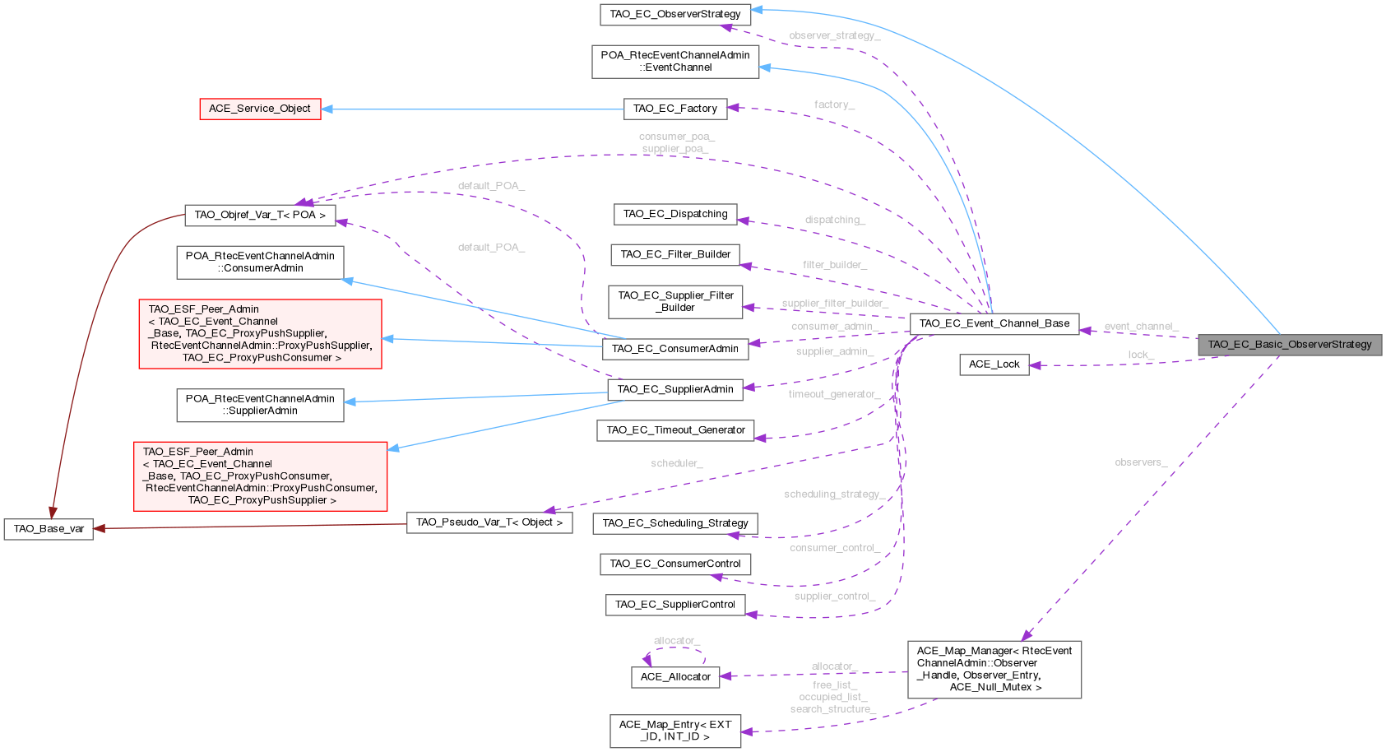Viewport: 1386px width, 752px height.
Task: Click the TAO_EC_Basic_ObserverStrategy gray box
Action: (1289, 345)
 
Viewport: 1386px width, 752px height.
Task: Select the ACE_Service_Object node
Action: (259, 109)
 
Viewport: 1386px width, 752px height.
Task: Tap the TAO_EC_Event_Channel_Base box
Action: (994, 323)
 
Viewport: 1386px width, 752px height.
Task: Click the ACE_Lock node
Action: (994, 364)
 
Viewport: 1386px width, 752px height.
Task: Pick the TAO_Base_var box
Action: (49, 529)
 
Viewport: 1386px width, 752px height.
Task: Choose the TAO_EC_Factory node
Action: (674, 109)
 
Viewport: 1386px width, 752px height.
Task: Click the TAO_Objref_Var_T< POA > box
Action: (260, 215)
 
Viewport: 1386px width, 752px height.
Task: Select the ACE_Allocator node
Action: (674, 677)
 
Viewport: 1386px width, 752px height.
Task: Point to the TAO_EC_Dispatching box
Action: (674, 214)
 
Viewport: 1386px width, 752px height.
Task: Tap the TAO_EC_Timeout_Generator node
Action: (674, 430)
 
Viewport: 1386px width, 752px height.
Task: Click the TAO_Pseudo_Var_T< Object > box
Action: (489, 522)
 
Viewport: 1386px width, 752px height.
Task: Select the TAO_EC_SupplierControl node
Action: (674, 605)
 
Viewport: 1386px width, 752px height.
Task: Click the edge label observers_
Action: (1140, 462)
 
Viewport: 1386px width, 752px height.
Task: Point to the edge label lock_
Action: (1140, 355)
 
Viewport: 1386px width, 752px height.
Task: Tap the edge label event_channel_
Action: (1140, 327)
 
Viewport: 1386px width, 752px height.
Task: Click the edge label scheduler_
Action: (676, 464)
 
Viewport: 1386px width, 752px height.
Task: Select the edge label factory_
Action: (834, 104)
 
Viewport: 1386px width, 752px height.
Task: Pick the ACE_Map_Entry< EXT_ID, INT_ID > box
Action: (674, 731)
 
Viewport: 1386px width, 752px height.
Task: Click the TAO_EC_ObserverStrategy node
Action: (674, 14)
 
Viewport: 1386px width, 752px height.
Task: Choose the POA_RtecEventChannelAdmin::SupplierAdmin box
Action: (260, 405)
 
